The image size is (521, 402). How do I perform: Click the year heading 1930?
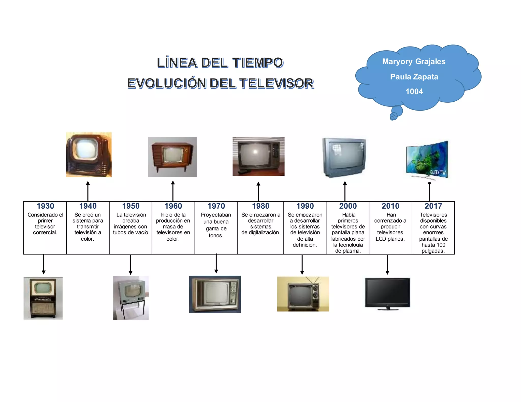pyautogui.click(x=45, y=206)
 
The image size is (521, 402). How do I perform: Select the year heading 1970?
pyautogui.click(x=216, y=206)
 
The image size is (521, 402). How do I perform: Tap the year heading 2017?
pyautogui.click(x=433, y=206)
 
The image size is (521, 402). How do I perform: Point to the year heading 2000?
pyautogui.click(x=348, y=206)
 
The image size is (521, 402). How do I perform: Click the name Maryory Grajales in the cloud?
pyautogui.click(x=414, y=61)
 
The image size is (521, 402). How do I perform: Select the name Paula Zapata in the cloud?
pyautogui.click(x=414, y=77)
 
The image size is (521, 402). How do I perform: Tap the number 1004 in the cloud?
pyautogui.click(x=414, y=91)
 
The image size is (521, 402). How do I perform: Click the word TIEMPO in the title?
pyautogui.click(x=258, y=63)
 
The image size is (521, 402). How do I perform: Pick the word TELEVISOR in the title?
pyautogui.click(x=277, y=83)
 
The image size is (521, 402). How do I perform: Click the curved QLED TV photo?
pyautogui.click(x=427, y=160)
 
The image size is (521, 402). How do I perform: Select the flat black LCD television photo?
pyautogui.click(x=387, y=294)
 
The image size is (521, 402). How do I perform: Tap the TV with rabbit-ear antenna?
pyautogui.click(x=303, y=294)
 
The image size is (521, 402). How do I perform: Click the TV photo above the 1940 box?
pyautogui.click(x=89, y=154)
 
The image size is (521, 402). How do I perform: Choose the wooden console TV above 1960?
pyautogui.click(x=172, y=157)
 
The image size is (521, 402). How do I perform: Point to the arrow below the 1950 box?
pyautogui.click(x=131, y=265)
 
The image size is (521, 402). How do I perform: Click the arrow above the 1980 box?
pyautogui.click(x=258, y=192)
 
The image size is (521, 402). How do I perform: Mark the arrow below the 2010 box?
pyautogui.click(x=387, y=265)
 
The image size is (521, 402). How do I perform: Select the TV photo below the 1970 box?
pyautogui.click(x=215, y=294)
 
